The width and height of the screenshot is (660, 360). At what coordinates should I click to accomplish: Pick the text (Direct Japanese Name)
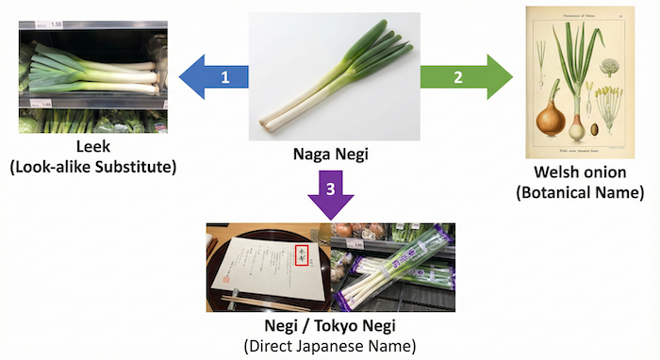(x=329, y=346)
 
